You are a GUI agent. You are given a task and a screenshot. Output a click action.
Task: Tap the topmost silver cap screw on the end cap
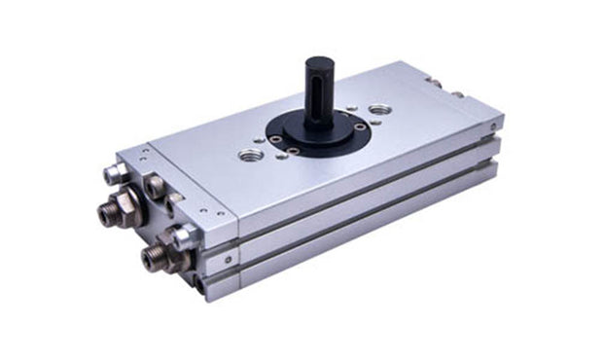[x=113, y=176]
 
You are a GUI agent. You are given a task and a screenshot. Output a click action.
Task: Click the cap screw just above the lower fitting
[x=180, y=231]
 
